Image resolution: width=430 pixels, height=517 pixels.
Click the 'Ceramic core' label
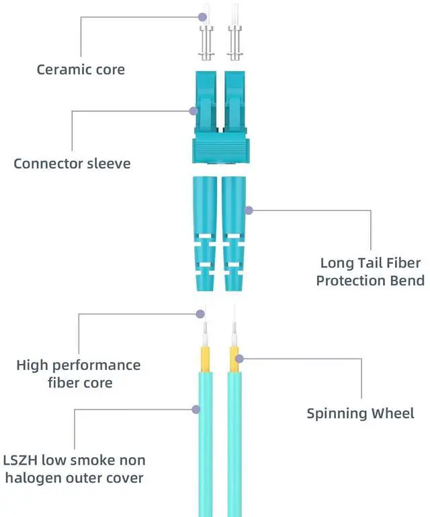pyautogui.click(x=81, y=69)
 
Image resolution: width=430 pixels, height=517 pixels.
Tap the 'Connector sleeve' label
pyautogui.click(x=72, y=163)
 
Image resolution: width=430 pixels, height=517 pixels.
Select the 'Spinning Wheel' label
pyautogui.click(x=360, y=414)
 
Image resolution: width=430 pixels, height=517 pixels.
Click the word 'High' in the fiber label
pyautogui.click(x=32, y=366)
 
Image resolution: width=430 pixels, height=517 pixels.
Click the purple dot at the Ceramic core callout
pyautogui.click(x=203, y=15)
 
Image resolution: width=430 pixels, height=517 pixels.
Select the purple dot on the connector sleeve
pyautogui.click(x=193, y=111)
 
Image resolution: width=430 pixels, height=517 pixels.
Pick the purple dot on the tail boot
pyautogui.click(x=249, y=210)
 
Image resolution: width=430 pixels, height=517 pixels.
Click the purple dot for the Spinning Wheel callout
pyautogui.click(x=239, y=357)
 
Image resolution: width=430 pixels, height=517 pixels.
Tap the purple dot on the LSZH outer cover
pyautogui.click(x=196, y=408)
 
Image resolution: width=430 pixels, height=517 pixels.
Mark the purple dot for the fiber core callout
pyautogui.click(x=200, y=314)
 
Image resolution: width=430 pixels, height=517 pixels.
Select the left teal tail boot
pyautogui.click(x=205, y=232)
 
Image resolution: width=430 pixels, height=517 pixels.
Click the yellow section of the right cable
pyautogui.click(x=234, y=360)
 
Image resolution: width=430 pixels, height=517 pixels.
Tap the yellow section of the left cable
pyautogui.click(x=205, y=360)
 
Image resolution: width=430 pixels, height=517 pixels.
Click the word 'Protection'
pyautogui.click(x=349, y=281)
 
